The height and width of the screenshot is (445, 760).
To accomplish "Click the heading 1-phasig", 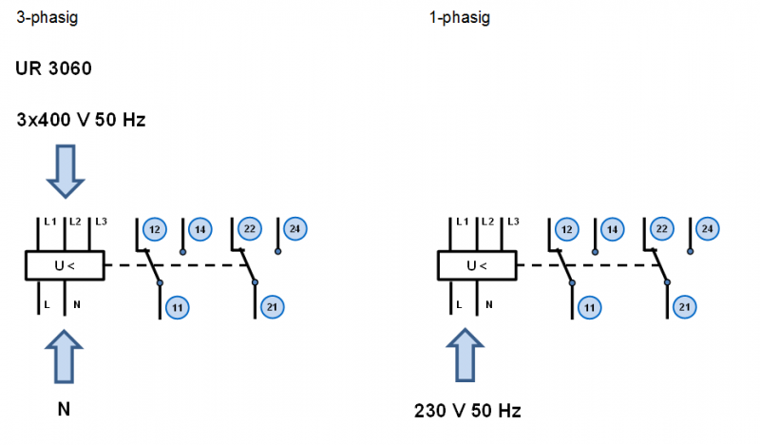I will click(460, 17).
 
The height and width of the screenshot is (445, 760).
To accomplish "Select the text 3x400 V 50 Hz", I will click(81, 121).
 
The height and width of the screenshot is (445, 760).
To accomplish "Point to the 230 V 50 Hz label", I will click(467, 412).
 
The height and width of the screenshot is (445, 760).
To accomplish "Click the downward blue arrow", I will click(66, 168).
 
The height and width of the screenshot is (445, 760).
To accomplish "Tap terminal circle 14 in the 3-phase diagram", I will click(199, 229).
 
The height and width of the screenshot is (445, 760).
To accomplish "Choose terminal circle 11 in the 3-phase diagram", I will click(177, 306).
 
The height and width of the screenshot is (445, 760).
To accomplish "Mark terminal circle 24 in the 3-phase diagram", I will click(294, 228).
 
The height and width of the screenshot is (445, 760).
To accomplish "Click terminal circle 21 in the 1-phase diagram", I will click(684, 306).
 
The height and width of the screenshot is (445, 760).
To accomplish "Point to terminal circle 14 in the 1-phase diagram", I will click(612, 229).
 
